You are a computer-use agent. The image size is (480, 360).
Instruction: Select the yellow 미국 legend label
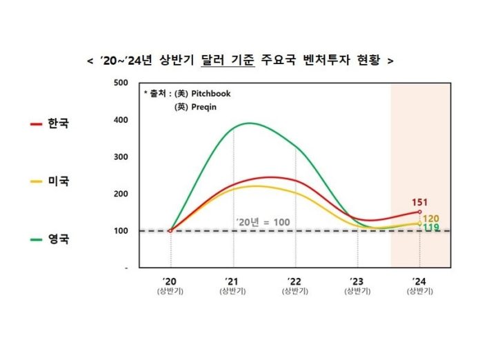[59, 181]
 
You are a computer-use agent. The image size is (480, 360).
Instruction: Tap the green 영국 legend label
[59, 240]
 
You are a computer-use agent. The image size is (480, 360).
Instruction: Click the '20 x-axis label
[170, 281]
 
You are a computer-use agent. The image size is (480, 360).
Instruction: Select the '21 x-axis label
[233, 281]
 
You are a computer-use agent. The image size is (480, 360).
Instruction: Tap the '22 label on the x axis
[295, 281]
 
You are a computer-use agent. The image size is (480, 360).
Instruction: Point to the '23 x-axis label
[357, 281]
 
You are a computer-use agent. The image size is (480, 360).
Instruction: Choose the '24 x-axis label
[419, 281]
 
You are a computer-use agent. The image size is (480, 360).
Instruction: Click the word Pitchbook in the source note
[211, 94]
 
